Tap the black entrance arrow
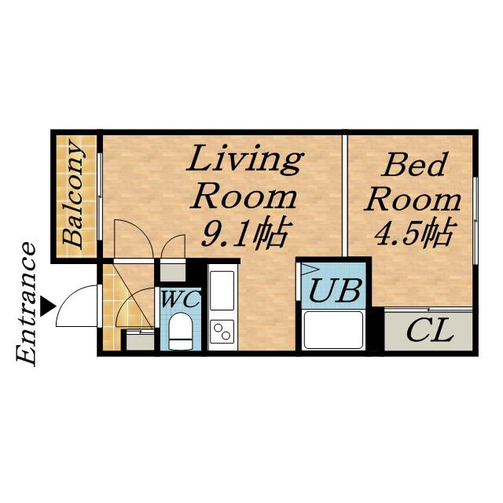[x=47, y=306]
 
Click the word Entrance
[x=26, y=304]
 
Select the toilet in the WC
[x=181, y=331]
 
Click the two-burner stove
[x=222, y=332]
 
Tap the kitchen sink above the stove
[x=222, y=291]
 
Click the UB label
[x=335, y=291]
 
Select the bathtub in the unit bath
[x=333, y=330]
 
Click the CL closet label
[x=430, y=330]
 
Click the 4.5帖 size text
[x=414, y=232]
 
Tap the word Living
[x=245, y=160]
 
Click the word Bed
[x=415, y=163]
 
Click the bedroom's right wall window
[x=475, y=221]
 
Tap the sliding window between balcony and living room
[x=100, y=196]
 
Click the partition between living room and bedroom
[x=344, y=196]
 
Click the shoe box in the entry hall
[x=140, y=341]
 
